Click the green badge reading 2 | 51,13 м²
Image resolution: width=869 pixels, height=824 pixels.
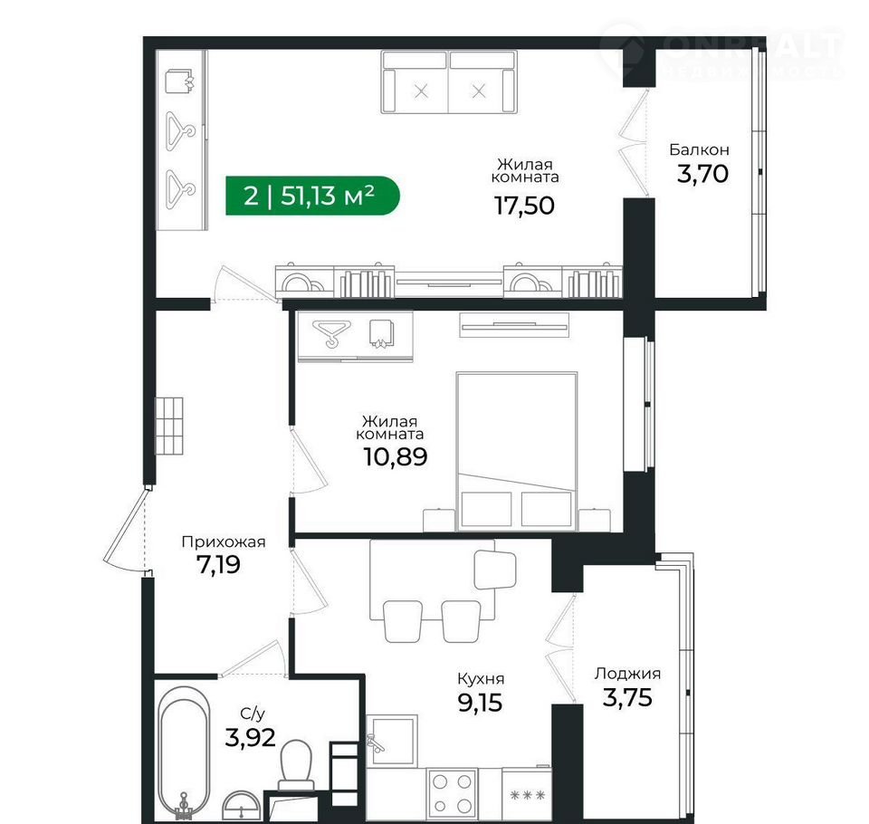tap(312, 196)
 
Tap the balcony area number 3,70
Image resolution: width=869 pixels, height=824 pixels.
tap(702, 174)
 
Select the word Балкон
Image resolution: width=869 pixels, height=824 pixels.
tap(699, 149)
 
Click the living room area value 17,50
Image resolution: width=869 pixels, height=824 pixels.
tap(524, 206)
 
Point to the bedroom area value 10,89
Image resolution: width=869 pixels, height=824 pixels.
tap(396, 457)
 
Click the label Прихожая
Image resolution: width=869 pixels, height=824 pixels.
tap(224, 541)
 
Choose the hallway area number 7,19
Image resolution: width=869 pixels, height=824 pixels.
tap(218, 565)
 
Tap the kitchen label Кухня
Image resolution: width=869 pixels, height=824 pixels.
tap(481, 679)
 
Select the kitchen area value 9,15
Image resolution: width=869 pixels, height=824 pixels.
tap(480, 704)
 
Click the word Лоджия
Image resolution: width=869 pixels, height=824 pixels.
tap(627, 674)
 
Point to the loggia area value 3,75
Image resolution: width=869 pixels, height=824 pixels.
tap(627, 697)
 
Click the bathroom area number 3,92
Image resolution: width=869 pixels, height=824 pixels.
tap(250, 738)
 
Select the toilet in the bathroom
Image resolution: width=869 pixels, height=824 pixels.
tap(296, 766)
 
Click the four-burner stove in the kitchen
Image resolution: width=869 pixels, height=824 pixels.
tap(452, 793)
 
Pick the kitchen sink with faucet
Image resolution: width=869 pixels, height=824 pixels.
tap(391, 741)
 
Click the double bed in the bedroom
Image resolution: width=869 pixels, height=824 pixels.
tap(517, 451)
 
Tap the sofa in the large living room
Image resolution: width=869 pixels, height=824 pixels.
tap(449, 82)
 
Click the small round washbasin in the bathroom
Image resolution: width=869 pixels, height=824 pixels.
tap(241, 805)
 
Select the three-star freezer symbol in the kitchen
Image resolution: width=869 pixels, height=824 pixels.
tap(527, 795)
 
